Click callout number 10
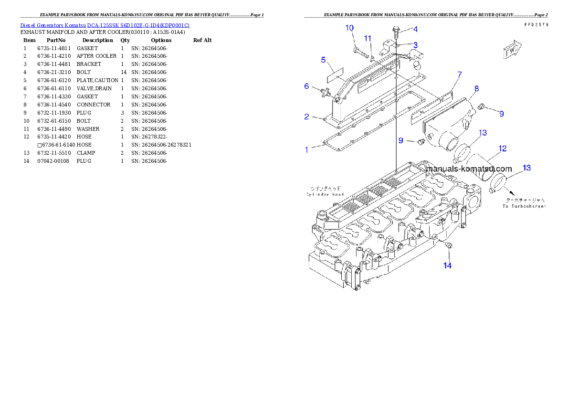[350, 28]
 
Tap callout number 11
[368, 38]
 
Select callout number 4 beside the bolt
[415, 30]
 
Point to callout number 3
[415, 45]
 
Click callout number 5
[323, 60]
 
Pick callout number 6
[307, 86]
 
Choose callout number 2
[307, 116]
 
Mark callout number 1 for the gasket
[307, 150]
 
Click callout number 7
[459, 74]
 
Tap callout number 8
[476, 89]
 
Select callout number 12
[502, 149]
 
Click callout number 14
[447, 265]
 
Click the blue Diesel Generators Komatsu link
[105, 25]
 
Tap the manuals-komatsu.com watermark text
[468, 169]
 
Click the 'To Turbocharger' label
[524, 206]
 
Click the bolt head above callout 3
[396, 30]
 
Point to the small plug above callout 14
[448, 245]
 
